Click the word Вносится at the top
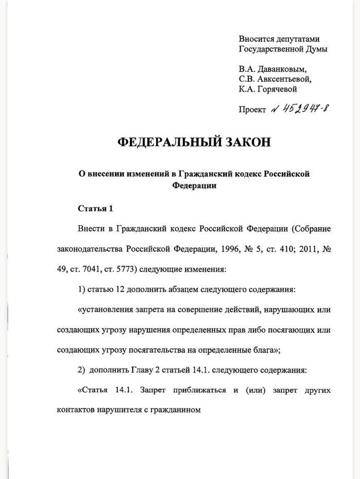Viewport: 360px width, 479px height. click(x=257, y=39)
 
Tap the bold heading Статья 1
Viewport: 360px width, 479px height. click(x=95, y=209)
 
